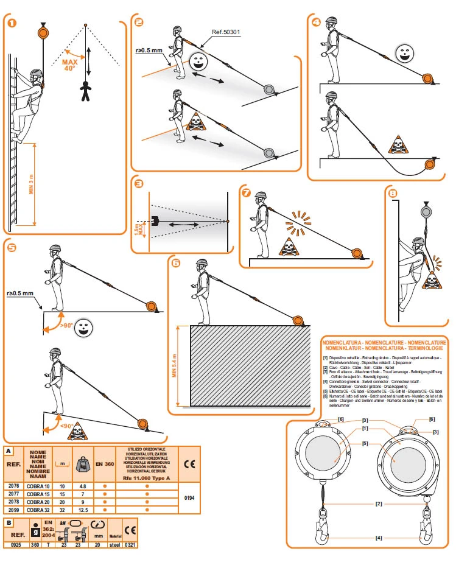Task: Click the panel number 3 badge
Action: click(139, 184)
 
